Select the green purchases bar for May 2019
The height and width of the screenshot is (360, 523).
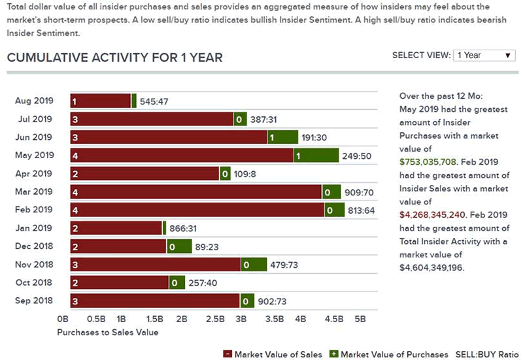(x=316, y=155)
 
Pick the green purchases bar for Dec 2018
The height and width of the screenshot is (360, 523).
(x=179, y=246)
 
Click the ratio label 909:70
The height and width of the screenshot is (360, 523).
(x=360, y=192)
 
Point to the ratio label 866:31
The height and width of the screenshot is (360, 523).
(x=185, y=228)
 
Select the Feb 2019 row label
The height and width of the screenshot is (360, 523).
(x=33, y=210)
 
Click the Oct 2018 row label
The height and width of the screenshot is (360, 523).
(x=33, y=282)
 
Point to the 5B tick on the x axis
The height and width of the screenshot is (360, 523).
(x=360, y=319)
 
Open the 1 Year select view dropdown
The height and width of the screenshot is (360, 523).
(x=484, y=56)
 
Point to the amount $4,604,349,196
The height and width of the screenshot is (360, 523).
(x=431, y=267)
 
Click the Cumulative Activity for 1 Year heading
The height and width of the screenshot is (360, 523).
(x=114, y=57)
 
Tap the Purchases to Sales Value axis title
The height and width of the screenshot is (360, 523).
(x=107, y=333)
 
